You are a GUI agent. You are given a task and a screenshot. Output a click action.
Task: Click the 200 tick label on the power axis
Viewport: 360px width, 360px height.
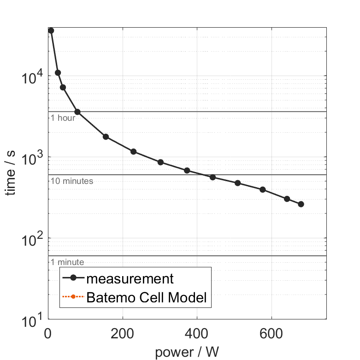pos(123,334)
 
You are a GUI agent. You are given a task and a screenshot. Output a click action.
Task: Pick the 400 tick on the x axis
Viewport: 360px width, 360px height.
pos(197,334)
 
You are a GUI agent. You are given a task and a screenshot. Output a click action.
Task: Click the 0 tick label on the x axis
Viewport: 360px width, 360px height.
pos(48,334)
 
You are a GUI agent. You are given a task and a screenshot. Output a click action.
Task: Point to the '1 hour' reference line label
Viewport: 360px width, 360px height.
pos(63,118)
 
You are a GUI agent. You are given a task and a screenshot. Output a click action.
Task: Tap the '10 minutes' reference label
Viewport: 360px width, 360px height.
pos(72,181)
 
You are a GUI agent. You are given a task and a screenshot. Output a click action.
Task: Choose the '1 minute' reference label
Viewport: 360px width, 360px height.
pos(67,262)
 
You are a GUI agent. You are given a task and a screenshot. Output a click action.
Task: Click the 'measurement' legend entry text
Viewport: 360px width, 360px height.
pos(130,279)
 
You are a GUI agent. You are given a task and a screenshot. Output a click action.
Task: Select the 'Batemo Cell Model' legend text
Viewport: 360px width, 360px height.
pos(147,298)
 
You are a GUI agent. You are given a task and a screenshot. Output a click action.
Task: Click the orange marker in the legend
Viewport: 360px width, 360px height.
pos(73,298)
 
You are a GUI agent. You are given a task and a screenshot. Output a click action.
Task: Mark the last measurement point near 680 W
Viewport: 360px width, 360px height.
pos(301,204)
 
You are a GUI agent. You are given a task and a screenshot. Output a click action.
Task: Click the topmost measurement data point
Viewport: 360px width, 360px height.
pos(51,30)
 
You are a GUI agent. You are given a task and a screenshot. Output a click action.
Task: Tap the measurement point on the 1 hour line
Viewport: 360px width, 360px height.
pos(77,112)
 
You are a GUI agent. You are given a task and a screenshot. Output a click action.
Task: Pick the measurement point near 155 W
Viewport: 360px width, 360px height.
pos(106,137)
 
